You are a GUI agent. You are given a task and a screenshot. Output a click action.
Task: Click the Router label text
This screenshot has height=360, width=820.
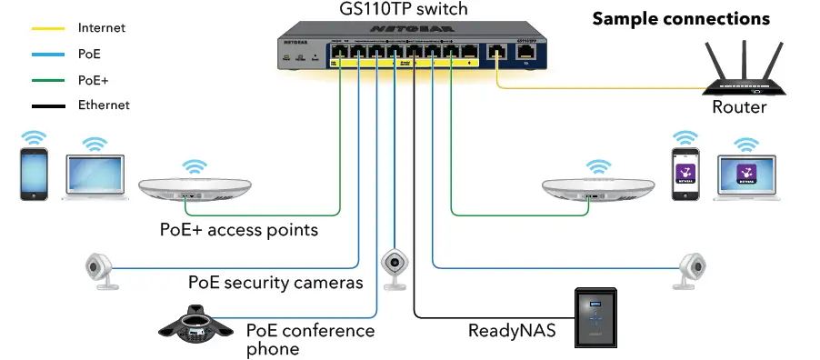coord(739,107)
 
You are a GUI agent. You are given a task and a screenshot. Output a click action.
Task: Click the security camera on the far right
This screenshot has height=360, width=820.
coord(693,268)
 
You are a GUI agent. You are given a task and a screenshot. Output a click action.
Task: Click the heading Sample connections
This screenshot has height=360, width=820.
coord(681,19)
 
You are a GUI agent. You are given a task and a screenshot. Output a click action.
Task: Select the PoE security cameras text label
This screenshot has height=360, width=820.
coord(275,283)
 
